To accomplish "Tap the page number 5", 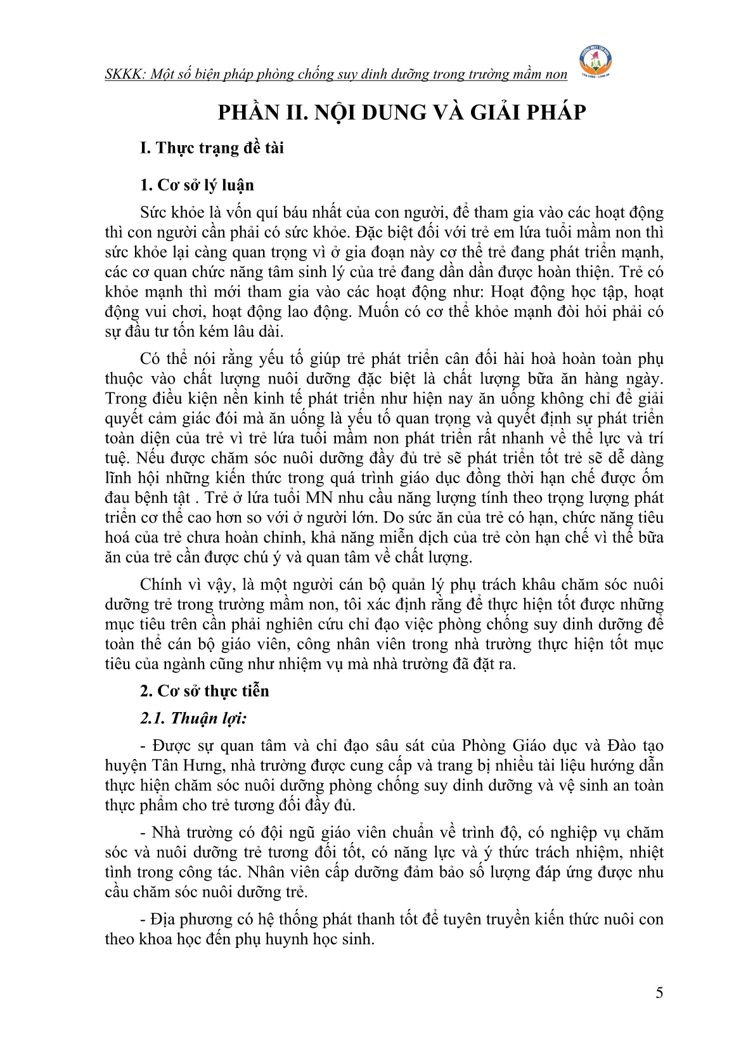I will (659, 993).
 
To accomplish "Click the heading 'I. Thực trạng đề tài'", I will (212, 148).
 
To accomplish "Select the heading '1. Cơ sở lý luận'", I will (196, 185).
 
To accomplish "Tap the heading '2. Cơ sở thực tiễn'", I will (204, 691).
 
